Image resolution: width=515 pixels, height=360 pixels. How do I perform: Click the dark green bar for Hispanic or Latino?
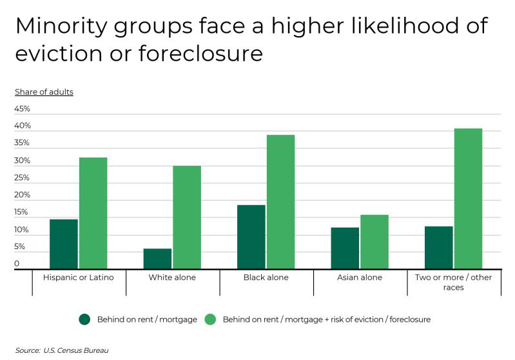click(63, 244)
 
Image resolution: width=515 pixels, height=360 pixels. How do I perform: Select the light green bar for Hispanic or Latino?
click(93, 213)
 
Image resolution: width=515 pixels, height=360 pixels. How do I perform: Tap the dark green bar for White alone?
click(157, 259)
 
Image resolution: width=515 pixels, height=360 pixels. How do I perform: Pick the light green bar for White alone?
click(187, 217)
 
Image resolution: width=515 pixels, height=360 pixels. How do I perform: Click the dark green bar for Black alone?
click(251, 237)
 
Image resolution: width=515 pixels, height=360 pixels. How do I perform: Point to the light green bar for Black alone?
click(280, 202)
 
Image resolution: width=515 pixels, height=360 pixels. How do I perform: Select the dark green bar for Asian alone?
click(345, 248)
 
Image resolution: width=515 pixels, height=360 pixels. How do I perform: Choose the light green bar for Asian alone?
click(374, 242)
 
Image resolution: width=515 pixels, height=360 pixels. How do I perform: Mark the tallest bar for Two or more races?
click(468, 199)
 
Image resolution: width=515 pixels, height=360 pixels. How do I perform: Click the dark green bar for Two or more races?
click(439, 247)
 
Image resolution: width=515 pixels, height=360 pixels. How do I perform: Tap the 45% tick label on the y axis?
click(23, 109)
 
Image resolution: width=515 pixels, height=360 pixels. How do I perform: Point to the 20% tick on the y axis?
click(23, 195)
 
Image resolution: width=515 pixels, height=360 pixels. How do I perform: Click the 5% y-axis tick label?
click(20, 246)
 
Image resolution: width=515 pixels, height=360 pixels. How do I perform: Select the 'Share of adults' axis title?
click(44, 92)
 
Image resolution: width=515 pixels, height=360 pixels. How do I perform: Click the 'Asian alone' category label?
click(360, 277)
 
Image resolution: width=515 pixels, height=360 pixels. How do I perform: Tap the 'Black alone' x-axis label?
click(266, 277)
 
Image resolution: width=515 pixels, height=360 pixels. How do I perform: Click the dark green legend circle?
click(85, 319)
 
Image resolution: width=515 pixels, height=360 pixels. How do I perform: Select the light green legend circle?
click(211, 319)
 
